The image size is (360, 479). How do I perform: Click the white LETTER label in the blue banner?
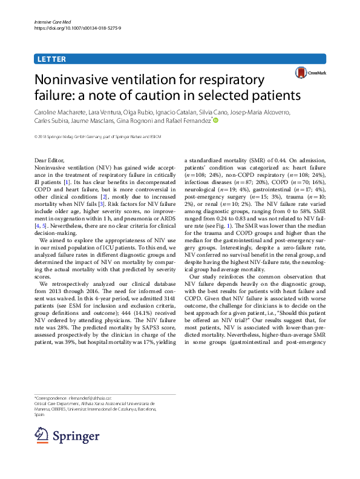[51, 59]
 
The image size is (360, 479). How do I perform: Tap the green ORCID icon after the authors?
[214, 121]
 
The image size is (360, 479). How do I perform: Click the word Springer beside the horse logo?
[76, 437]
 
